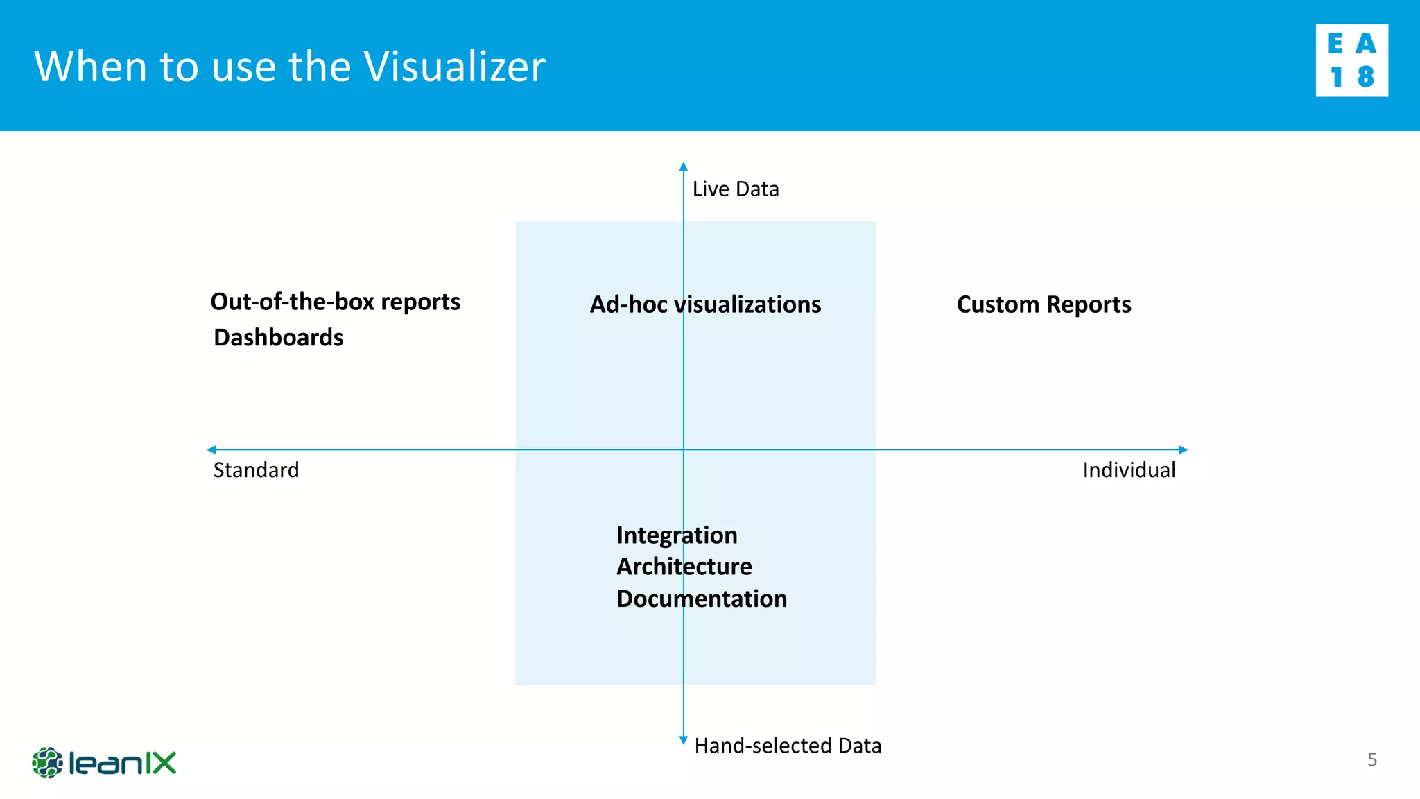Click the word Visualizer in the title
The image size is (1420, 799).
pyautogui.click(x=454, y=67)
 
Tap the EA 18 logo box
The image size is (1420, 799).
pyautogui.click(x=1351, y=60)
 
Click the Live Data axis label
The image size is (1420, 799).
pyautogui.click(x=736, y=189)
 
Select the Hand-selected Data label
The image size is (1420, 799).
pyautogui.click(x=788, y=746)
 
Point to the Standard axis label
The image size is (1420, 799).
pyautogui.click(x=256, y=470)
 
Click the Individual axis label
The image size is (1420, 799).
pyautogui.click(x=1129, y=470)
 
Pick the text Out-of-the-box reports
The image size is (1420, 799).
pyautogui.click(x=335, y=302)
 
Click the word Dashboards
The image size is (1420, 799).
pyautogui.click(x=278, y=338)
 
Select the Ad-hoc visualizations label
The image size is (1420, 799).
pyautogui.click(x=705, y=304)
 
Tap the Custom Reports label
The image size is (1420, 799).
pyautogui.click(x=1044, y=304)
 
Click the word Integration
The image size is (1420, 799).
pyautogui.click(x=677, y=535)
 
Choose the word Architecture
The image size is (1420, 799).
pyautogui.click(x=684, y=567)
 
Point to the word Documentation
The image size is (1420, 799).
pyautogui.click(x=702, y=599)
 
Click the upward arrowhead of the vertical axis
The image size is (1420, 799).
pyautogui.click(x=683, y=166)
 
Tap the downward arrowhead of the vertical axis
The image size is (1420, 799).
pyautogui.click(x=683, y=740)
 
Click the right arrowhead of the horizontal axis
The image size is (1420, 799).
pyautogui.click(x=1183, y=449)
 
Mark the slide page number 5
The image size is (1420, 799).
pyautogui.click(x=1371, y=760)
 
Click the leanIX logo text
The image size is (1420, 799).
pyautogui.click(x=123, y=764)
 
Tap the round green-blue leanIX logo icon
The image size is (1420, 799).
pyautogui.click(x=47, y=763)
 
